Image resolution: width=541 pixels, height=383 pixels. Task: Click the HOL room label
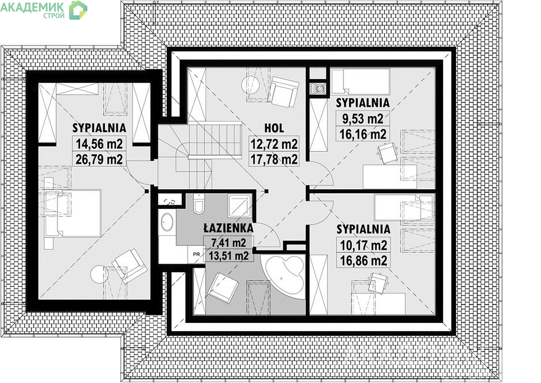(274, 129)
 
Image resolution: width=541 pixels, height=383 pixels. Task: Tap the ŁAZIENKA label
(228, 228)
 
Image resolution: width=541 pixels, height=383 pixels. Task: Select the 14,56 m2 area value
(99, 144)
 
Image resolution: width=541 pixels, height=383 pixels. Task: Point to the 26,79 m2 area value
(99, 159)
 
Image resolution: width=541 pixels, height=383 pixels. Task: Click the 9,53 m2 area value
(363, 119)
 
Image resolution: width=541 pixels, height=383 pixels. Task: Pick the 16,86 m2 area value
(364, 261)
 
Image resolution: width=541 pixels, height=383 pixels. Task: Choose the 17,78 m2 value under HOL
(274, 160)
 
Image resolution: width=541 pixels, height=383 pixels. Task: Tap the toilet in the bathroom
(199, 204)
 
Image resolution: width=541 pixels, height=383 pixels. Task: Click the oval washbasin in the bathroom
(168, 222)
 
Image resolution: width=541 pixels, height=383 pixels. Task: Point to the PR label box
(196, 254)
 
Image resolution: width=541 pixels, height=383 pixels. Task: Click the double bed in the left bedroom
(73, 213)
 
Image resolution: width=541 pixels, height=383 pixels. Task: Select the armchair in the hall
(283, 91)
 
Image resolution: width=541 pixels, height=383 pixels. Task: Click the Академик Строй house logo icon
(78, 10)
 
